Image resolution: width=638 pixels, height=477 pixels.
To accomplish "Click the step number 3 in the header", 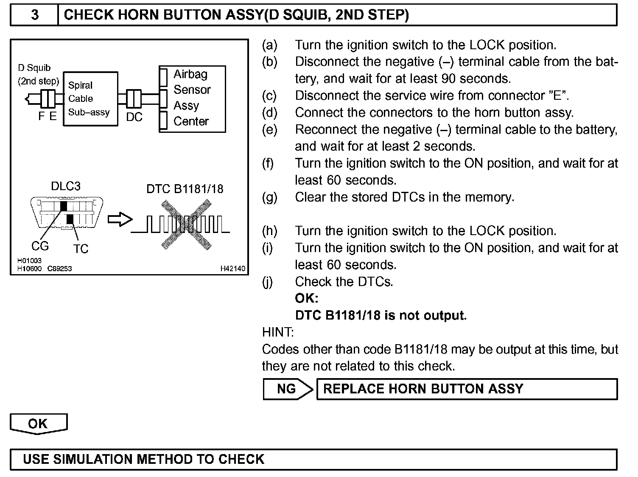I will coord(35,15).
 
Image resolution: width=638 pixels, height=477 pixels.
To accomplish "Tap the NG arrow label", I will coord(287,389).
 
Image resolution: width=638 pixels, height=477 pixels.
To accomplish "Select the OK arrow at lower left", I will coord(38,424).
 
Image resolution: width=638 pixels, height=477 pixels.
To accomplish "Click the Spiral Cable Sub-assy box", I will coord(90,99).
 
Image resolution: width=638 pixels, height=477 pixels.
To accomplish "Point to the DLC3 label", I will coord(65,186).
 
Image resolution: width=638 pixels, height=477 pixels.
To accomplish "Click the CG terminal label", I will coord(40,246).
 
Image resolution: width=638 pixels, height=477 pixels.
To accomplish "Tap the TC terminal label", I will coord(81,249).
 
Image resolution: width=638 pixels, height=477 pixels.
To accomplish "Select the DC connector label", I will coord(134,117).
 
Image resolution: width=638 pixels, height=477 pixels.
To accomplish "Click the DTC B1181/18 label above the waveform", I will coord(185,189).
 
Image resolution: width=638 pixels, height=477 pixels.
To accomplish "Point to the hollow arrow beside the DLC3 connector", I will coord(120,220).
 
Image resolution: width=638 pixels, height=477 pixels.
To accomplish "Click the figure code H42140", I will coord(232,269).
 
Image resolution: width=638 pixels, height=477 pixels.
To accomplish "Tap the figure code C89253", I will coord(59,269).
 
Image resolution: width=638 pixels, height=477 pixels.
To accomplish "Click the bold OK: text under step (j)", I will coord(306,298).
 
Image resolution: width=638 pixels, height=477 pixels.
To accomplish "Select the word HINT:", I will coord(278,332).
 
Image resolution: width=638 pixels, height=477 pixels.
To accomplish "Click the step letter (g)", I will coord(269,197).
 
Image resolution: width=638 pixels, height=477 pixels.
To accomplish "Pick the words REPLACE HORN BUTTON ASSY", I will coord(423,389).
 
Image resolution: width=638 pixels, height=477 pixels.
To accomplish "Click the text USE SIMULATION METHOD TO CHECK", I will coord(143,459).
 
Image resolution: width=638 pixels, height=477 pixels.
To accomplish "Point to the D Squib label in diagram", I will coord(34,68).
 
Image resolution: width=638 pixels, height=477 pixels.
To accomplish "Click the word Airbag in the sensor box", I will coord(190,74).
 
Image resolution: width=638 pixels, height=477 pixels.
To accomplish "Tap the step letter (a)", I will coord(269,45).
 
